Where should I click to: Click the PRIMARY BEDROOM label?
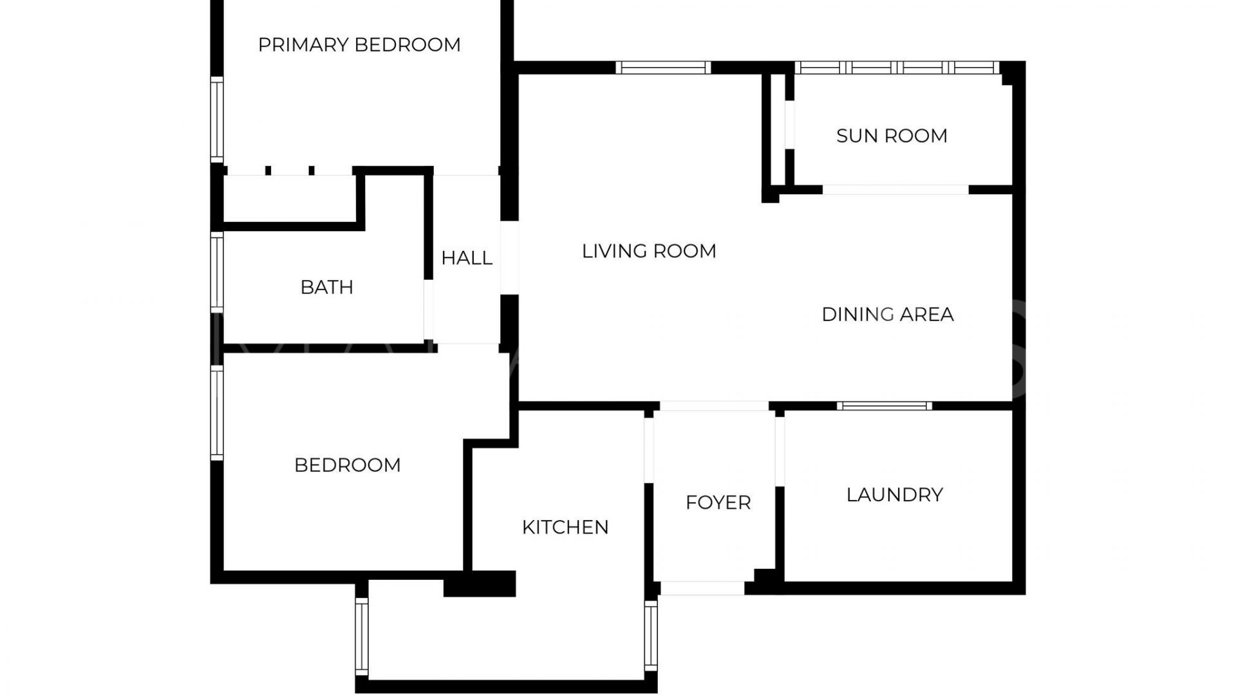359,45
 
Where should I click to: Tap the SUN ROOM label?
892,136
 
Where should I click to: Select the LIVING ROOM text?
649,251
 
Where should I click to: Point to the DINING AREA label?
888,315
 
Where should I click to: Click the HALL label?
467,258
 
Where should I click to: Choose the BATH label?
327,287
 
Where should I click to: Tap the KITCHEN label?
565,528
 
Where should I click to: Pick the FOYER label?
718,503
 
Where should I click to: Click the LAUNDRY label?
895,495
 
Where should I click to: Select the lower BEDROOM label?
348,465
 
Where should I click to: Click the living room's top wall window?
663,68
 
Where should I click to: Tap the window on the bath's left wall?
217,273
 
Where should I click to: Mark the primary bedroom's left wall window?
217,120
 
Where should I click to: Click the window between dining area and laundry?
885,406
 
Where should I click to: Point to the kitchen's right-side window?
651,636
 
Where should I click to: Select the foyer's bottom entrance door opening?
702,588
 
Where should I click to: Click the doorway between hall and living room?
510,258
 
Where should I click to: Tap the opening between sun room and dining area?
895,190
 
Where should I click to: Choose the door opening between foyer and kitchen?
649,449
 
